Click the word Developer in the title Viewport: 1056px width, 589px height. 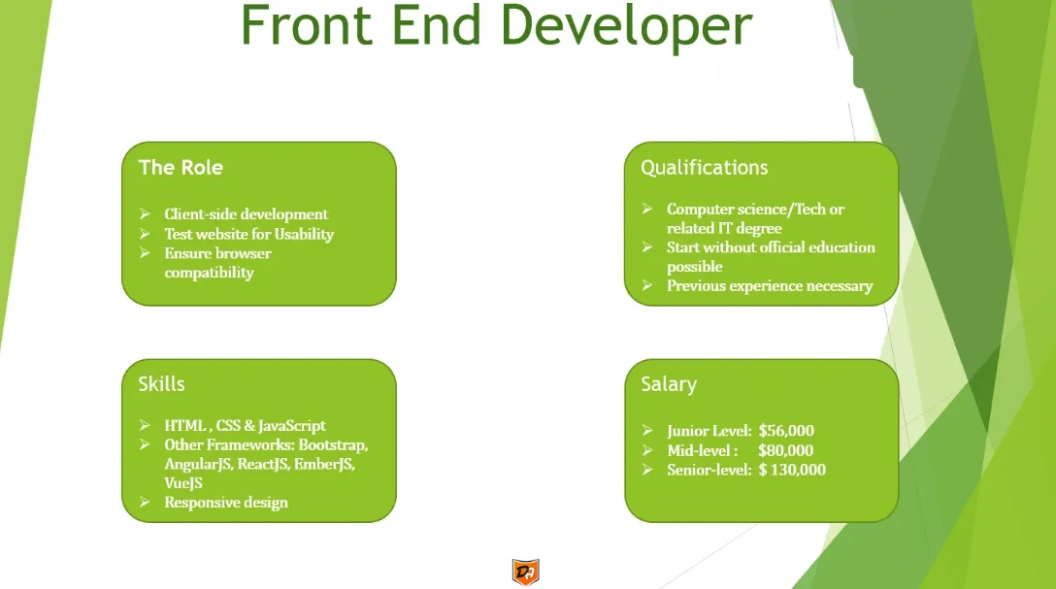(x=626, y=28)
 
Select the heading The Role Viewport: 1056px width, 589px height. (x=181, y=168)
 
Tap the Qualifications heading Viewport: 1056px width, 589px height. (x=704, y=168)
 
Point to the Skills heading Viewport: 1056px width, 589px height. (x=162, y=383)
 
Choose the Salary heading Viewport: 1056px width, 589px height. (x=669, y=384)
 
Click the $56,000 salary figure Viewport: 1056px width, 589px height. (x=786, y=431)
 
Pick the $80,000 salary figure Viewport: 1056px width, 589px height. (x=785, y=450)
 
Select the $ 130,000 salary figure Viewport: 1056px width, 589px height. (x=792, y=470)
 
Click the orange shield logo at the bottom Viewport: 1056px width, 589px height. (x=525, y=573)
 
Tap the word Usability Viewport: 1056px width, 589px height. (x=304, y=234)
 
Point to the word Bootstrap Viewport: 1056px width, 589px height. (x=333, y=445)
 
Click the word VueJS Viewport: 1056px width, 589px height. (x=183, y=483)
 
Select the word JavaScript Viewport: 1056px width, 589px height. (x=291, y=426)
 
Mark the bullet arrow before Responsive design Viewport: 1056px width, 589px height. (x=145, y=503)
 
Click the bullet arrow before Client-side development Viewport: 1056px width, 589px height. (x=145, y=214)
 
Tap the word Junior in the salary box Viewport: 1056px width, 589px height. (x=687, y=431)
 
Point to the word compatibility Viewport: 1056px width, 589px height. (x=209, y=273)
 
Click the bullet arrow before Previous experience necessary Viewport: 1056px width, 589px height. (x=647, y=285)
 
